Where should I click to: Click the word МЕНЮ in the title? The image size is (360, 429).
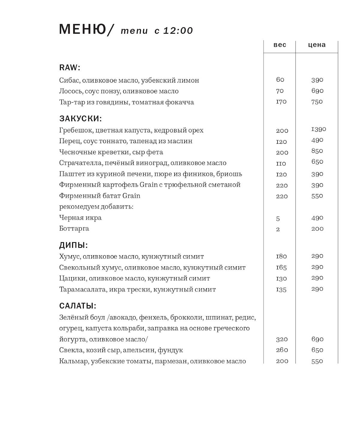(x=82, y=29)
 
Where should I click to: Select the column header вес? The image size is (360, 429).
(x=280, y=45)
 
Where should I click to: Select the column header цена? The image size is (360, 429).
(x=317, y=45)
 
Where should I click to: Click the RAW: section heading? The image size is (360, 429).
(x=70, y=68)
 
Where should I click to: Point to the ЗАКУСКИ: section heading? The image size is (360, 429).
(x=80, y=119)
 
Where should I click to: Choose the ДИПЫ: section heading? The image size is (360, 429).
(x=73, y=245)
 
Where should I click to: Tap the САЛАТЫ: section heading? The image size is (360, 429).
(x=78, y=306)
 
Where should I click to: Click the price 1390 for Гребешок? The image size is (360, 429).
(x=319, y=129)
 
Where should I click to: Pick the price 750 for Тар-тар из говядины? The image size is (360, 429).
(x=317, y=102)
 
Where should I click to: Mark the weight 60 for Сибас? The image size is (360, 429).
(x=280, y=80)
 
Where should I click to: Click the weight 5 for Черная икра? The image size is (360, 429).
(x=278, y=219)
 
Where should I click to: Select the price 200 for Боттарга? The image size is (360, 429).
(x=317, y=229)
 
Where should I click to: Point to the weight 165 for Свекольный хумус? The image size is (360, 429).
(x=281, y=267)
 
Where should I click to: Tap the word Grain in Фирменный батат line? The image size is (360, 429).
(x=131, y=196)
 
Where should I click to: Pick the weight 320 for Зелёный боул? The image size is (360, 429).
(x=282, y=340)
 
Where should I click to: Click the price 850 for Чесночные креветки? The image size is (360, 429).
(x=317, y=151)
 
